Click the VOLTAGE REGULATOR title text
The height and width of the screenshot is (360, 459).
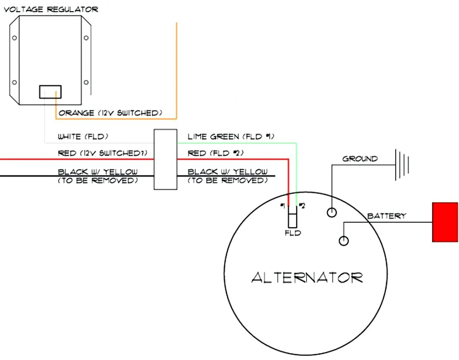[x=51, y=9]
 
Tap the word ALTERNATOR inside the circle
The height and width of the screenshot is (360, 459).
[x=307, y=278]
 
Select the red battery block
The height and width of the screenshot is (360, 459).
[x=445, y=222]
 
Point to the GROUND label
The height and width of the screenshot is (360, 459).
[x=360, y=158]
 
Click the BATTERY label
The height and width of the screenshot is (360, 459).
[x=387, y=216]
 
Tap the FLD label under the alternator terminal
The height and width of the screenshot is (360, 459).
[x=293, y=233]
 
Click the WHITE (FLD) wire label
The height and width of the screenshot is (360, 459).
[x=83, y=137]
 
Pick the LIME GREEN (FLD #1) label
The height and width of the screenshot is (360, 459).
[x=231, y=137]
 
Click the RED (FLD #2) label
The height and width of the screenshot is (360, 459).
[x=215, y=153]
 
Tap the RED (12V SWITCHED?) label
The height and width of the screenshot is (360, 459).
[x=103, y=153]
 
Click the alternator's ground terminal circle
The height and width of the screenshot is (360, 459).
[x=332, y=213]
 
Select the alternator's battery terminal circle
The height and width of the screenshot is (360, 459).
[x=344, y=240]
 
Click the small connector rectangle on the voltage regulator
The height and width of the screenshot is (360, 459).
[x=50, y=91]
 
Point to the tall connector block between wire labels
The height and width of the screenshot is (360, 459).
[x=165, y=159]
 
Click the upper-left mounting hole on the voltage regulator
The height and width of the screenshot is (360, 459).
[x=14, y=38]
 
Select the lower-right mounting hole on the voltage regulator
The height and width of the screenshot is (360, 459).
[x=86, y=82]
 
